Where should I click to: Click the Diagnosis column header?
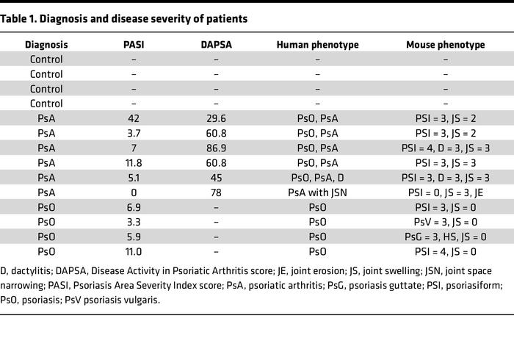pyautogui.click(x=46, y=45)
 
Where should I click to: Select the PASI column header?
pyautogui.click(x=134, y=45)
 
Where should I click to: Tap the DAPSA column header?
pyautogui.click(x=216, y=45)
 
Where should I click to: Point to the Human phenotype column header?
pyautogui.click(x=317, y=45)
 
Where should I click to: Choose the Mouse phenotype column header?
pyautogui.click(x=446, y=45)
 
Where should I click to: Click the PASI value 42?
pyautogui.click(x=134, y=118)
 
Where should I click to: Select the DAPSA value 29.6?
pyautogui.click(x=216, y=118)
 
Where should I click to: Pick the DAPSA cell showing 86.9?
pyautogui.click(x=216, y=148)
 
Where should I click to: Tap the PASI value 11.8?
pyautogui.click(x=134, y=162)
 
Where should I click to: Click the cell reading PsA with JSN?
pyautogui.click(x=317, y=192)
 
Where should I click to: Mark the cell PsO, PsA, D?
pyautogui.click(x=317, y=177)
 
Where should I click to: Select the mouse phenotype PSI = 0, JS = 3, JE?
pyautogui.click(x=446, y=192)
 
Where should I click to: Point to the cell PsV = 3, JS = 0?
pyautogui.click(x=446, y=221)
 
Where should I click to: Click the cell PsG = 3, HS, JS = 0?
pyautogui.click(x=446, y=236)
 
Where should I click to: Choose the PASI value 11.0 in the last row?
pyautogui.click(x=134, y=251)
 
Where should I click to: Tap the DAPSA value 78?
pyautogui.click(x=216, y=192)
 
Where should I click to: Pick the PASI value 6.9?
pyautogui.click(x=134, y=206)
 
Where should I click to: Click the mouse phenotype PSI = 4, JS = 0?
pyautogui.click(x=446, y=251)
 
